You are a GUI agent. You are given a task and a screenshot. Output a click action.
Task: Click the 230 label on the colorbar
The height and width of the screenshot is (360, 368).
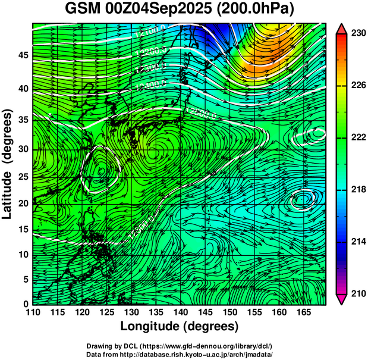point(357,34)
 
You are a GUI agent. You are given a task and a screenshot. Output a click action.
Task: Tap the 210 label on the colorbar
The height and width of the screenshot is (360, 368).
point(357,293)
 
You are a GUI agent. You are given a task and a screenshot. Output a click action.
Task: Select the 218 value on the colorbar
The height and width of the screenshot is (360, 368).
point(357,190)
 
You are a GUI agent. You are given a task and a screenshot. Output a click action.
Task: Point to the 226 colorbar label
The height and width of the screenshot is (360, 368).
point(357,86)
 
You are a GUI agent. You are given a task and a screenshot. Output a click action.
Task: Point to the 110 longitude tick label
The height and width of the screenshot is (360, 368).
point(33,312)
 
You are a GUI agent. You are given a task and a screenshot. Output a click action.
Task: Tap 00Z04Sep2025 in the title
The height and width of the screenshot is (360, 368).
point(162,10)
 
